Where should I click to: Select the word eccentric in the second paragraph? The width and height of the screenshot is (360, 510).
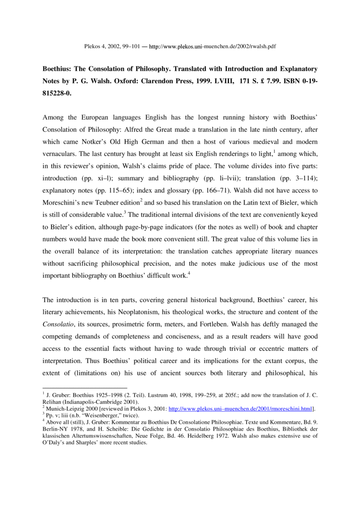(257, 346)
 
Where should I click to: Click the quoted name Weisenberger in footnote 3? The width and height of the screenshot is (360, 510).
(96, 415)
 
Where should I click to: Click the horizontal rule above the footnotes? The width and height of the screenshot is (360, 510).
(84, 388)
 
